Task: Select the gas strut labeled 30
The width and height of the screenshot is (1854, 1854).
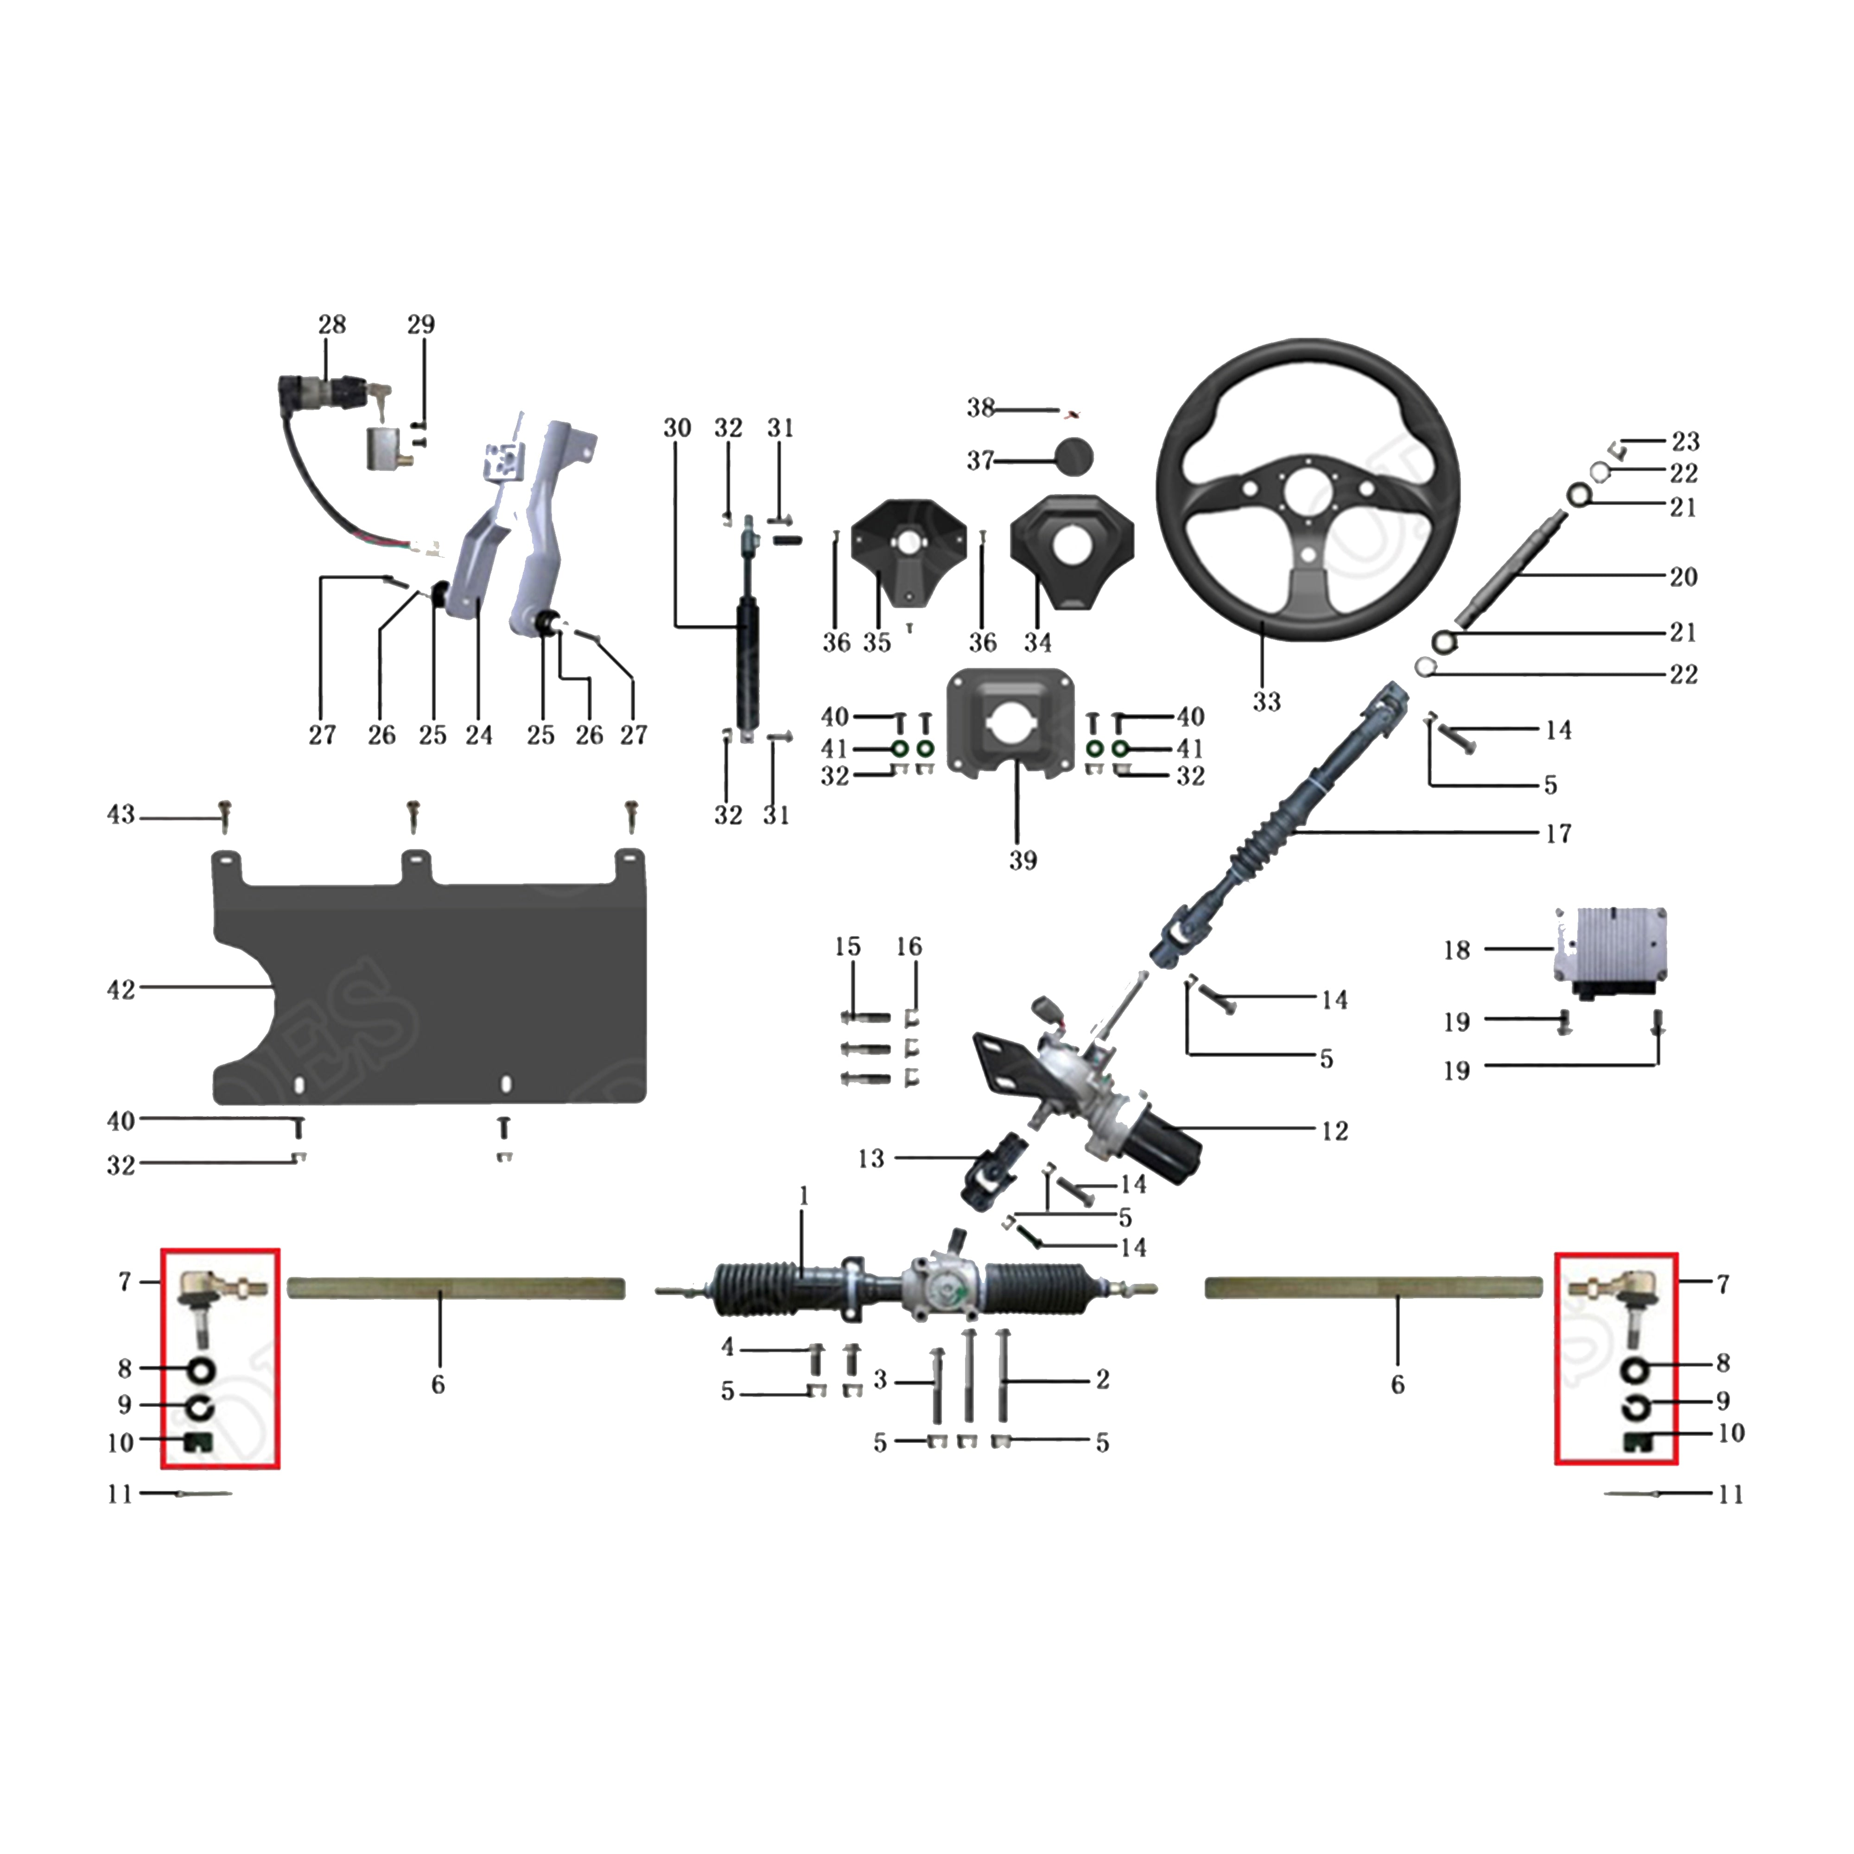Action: pyautogui.click(x=748, y=662)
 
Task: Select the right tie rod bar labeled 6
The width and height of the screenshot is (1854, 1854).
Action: pyautogui.click(x=1372, y=1288)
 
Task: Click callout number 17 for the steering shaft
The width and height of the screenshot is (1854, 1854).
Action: pyautogui.click(x=1557, y=833)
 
